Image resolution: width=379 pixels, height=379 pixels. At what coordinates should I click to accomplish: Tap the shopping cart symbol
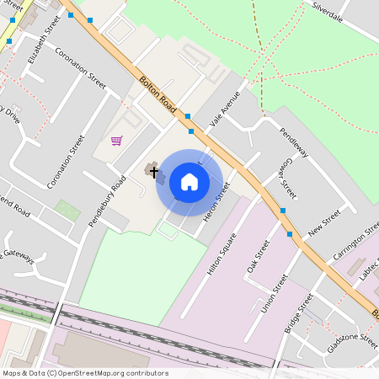tap(116, 140)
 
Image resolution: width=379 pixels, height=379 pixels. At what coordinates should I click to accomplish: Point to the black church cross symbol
tap(153, 171)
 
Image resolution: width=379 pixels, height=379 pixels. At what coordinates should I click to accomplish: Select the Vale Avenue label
tap(225, 108)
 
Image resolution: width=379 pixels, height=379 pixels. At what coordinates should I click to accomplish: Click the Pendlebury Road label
tap(107, 201)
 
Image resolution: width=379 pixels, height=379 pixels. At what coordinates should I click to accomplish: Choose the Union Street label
tap(275, 292)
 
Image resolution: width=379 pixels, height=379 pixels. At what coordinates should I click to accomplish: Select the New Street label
tap(324, 225)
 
